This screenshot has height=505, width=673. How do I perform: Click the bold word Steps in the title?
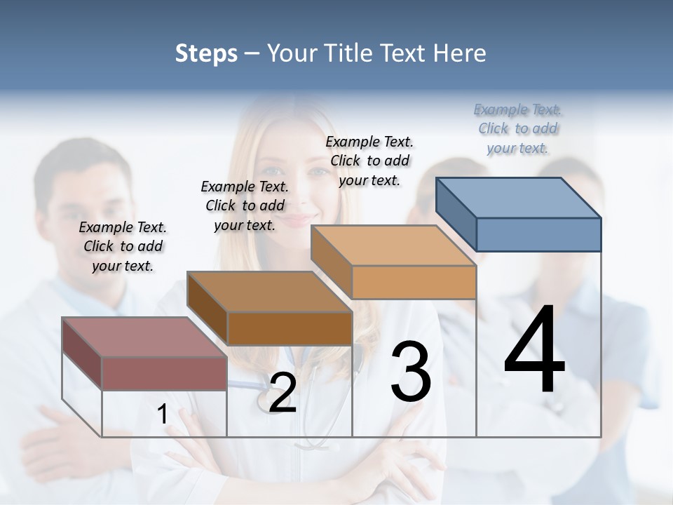pos(206,54)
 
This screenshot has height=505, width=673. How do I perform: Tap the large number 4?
pos(534,351)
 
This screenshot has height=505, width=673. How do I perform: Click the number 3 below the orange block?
pos(411,372)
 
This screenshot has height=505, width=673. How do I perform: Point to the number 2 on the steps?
pos(283,393)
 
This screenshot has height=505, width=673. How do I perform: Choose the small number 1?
pos(163,415)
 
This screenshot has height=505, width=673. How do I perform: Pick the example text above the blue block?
pos(517,128)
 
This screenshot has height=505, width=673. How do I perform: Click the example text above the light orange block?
pos(369,161)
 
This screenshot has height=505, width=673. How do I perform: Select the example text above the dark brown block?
pos(245,206)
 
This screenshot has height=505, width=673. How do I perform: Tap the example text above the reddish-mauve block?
pos(123,246)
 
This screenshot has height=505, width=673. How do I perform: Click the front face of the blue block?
pos(538,234)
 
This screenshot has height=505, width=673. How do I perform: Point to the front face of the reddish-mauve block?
pos(164,373)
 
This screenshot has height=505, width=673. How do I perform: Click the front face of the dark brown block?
pos(290,328)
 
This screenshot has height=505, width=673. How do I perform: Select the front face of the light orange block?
pos(414,282)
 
